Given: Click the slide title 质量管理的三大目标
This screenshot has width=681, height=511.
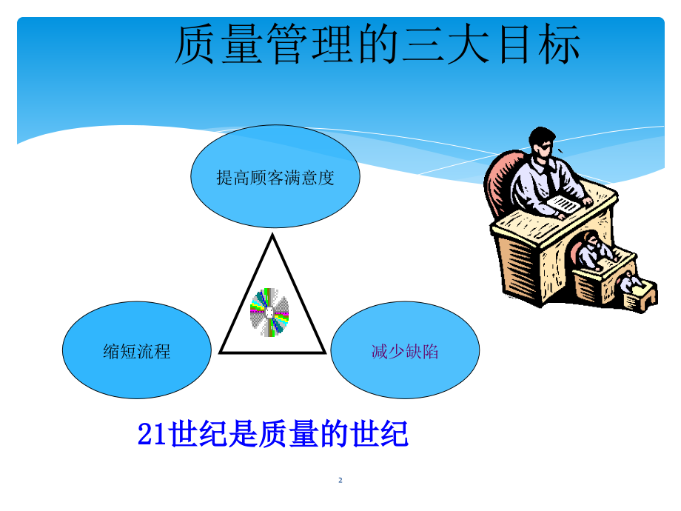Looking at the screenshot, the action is [378, 44].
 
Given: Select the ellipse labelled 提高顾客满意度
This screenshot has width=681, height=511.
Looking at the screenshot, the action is [275, 176].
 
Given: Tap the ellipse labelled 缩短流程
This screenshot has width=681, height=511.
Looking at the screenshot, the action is [137, 350].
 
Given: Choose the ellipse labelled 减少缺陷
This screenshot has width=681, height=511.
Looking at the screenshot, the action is [405, 350].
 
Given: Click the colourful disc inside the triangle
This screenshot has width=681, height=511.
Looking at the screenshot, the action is [269, 312].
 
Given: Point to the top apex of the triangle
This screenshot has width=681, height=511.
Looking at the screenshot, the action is [272, 235].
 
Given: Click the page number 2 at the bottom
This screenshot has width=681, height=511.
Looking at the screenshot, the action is [340, 480].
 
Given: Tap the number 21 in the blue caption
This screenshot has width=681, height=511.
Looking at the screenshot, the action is [152, 434].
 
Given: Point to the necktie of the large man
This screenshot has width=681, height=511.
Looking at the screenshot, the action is [550, 178].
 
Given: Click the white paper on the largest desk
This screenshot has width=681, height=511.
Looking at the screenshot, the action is [563, 204].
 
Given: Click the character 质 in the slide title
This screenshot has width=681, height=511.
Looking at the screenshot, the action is [195, 44].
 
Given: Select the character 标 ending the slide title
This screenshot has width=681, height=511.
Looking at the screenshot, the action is [560, 44].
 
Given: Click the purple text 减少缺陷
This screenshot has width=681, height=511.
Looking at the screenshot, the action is [405, 351].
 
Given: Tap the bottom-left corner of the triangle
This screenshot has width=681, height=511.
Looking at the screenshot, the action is [221, 353].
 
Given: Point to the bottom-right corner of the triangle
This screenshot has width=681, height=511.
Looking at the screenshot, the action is [324, 353].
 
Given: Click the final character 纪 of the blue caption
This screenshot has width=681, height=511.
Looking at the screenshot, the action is [395, 434].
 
